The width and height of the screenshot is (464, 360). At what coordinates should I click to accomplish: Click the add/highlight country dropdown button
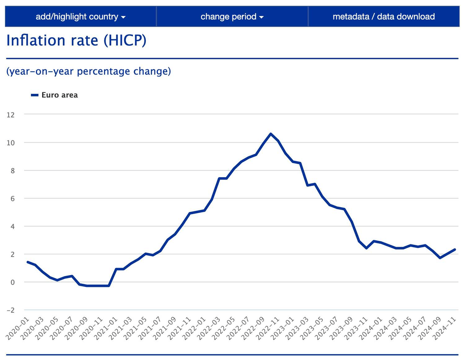click(x=81, y=17)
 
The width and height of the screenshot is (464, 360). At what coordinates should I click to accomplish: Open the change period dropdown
click(x=232, y=17)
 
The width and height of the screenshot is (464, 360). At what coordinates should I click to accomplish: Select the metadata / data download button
click(x=383, y=17)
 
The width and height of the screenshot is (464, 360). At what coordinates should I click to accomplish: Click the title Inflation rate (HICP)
click(x=76, y=40)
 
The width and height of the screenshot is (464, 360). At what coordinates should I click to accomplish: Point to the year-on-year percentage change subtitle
click(x=89, y=72)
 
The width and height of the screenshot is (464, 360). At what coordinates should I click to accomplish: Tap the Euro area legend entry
click(x=54, y=95)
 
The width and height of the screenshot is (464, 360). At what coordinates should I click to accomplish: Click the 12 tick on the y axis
click(x=10, y=115)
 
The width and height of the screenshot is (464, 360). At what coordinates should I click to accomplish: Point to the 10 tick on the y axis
click(x=10, y=143)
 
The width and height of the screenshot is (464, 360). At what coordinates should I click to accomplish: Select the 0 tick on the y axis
click(x=12, y=282)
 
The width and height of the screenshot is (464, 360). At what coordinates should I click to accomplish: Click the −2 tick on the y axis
click(x=10, y=310)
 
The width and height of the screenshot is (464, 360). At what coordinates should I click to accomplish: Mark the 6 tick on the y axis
click(x=12, y=199)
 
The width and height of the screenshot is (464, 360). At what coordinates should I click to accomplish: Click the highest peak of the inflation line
click(x=271, y=134)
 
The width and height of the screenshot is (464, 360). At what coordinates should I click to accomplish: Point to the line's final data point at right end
click(x=454, y=249)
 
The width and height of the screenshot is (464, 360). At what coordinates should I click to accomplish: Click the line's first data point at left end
click(x=28, y=262)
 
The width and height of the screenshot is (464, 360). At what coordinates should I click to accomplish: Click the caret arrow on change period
click(x=261, y=18)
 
